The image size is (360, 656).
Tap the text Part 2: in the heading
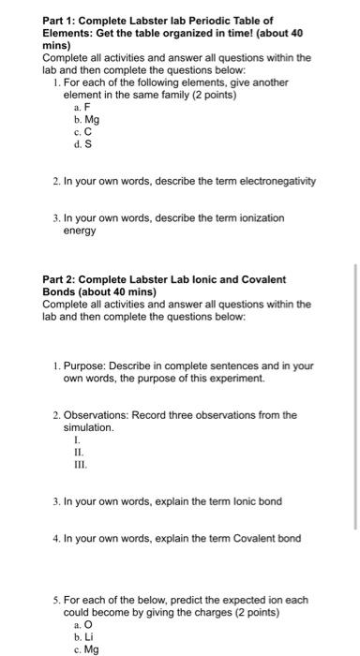pyautogui.click(x=62, y=279)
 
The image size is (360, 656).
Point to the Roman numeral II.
pyautogui.click(x=77, y=451)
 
